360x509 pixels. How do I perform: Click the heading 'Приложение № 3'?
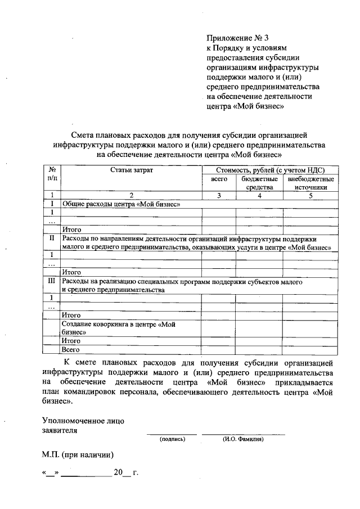[x=235, y=38]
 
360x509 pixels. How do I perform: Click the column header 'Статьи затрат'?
[x=130, y=169]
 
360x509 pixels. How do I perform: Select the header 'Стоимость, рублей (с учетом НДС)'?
[x=270, y=169]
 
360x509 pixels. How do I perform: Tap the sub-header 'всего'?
[x=219, y=178]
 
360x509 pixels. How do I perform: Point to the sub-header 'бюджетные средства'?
[x=259, y=183]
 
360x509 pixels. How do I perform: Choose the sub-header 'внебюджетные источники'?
[x=310, y=183]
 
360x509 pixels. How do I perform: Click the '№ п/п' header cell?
[x=52, y=174]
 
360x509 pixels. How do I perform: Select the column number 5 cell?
[x=310, y=195]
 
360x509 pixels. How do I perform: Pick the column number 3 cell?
[x=219, y=195]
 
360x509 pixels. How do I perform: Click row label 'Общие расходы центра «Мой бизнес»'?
[x=121, y=204]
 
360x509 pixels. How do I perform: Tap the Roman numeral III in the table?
[x=52, y=280]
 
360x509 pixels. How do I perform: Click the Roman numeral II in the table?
[x=52, y=238]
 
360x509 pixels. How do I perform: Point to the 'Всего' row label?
[x=70, y=349]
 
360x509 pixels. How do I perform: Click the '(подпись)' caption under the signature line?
[x=172, y=439]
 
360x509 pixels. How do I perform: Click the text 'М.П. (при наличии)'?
[x=78, y=453]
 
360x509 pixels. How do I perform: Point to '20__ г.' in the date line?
[x=125, y=472]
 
